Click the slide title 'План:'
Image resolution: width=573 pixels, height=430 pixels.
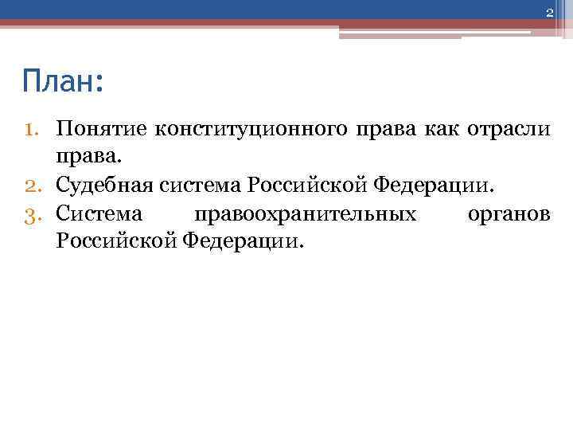click(x=63, y=82)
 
